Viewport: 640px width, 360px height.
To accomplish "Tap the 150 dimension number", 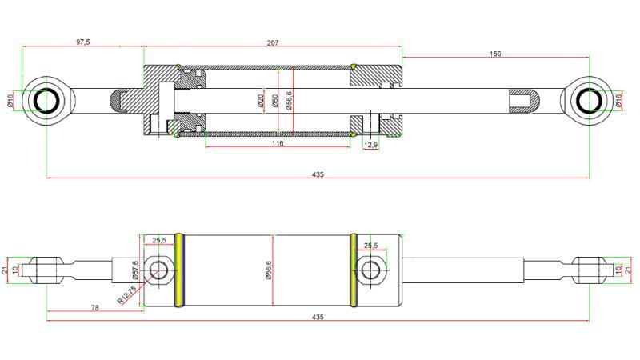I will coord(495,54).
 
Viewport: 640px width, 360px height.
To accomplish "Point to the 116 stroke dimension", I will coord(278,143).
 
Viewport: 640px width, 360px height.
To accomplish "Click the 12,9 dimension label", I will coord(370,145).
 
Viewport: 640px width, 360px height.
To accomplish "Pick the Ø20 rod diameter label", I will coord(261,101).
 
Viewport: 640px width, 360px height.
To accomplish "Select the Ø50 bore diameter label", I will coord(275,101).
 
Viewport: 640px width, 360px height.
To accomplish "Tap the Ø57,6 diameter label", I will coord(136,270).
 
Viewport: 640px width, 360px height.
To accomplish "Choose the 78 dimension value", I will coord(94,307).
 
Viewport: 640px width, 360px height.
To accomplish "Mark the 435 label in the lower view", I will coord(318,318).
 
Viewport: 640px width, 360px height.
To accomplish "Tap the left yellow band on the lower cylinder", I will coord(180,270).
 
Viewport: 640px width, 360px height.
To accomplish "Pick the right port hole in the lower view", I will coord(370,270).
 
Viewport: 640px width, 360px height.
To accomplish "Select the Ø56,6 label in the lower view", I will coord(269,270).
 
